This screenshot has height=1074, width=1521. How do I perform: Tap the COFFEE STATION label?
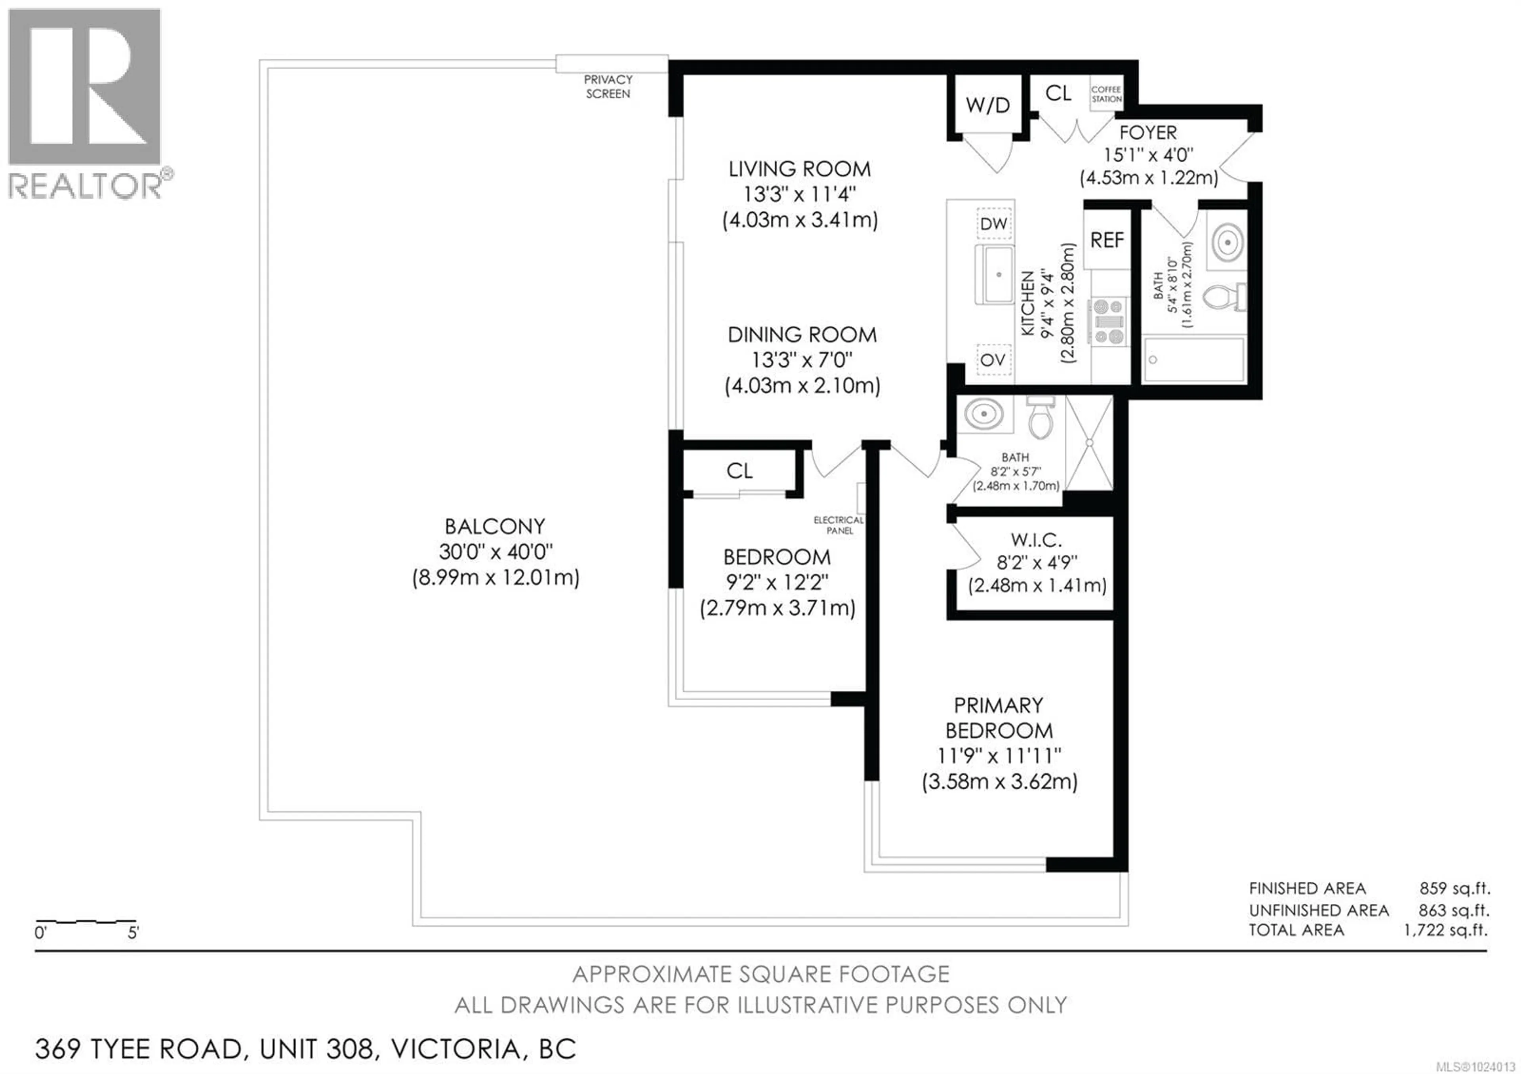1106,94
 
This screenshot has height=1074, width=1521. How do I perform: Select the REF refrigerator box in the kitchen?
1107,240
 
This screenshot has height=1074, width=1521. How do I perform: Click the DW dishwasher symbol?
994,224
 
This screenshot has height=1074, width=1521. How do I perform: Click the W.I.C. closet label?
1036,540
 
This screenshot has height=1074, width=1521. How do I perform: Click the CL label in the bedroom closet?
739,471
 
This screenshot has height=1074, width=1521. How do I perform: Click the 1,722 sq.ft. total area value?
1446,930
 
